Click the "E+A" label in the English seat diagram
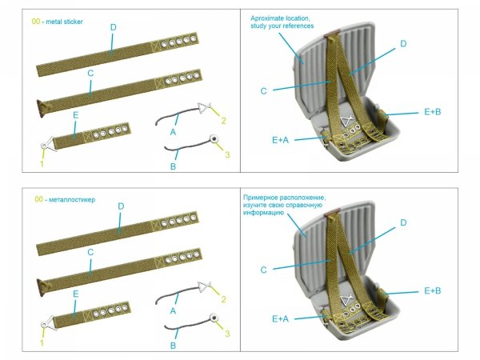pos(280,139)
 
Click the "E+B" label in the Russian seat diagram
pos(434,290)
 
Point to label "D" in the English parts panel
pos(113,27)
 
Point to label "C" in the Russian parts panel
pos(90,252)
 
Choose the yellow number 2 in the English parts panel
pos(224,121)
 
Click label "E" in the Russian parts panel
pos(75,295)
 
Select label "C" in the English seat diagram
pos(263,90)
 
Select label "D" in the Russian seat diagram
pos(403,222)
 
